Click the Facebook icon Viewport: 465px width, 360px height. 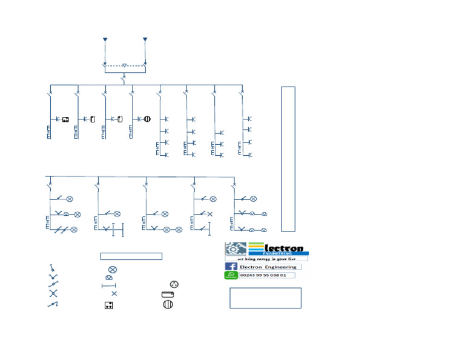pyautogui.click(x=231, y=267)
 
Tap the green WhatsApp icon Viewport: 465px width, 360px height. pyautogui.click(x=231, y=275)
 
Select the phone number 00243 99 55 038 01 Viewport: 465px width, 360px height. pyautogui.click(x=263, y=275)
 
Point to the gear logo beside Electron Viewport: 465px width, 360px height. pyautogui.click(x=234, y=249)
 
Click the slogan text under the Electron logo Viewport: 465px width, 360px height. pyautogui.click(x=266, y=258)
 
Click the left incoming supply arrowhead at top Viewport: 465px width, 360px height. pyautogui.click(x=105, y=40)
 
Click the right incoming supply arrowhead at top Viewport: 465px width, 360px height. pyautogui.click(x=145, y=40)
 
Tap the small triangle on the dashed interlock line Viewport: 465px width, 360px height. pyautogui.click(x=124, y=65)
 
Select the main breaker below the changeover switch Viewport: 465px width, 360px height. pyautogui.click(x=124, y=78)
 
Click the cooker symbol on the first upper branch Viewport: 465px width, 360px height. pyautogui.click(x=66, y=119)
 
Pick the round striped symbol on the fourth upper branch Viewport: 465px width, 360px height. pyautogui.click(x=146, y=119)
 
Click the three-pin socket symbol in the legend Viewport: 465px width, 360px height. pyautogui.click(x=174, y=284)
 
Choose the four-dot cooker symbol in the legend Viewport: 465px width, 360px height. pyautogui.click(x=108, y=305)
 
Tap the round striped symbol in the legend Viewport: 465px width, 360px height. pyautogui.click(x=168, y=304)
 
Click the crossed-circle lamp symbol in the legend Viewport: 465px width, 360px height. pyautogui.click(x=112, y=269)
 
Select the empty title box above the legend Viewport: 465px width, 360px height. pyautogui.click(x=131, y=256)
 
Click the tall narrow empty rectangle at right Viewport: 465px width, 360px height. pyautogui.click(x=288, y=159)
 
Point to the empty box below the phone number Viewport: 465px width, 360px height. pyautogui.click(x=265, y=298)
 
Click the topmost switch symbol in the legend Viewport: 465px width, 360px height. pyautogui.click(x=53, y=268)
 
